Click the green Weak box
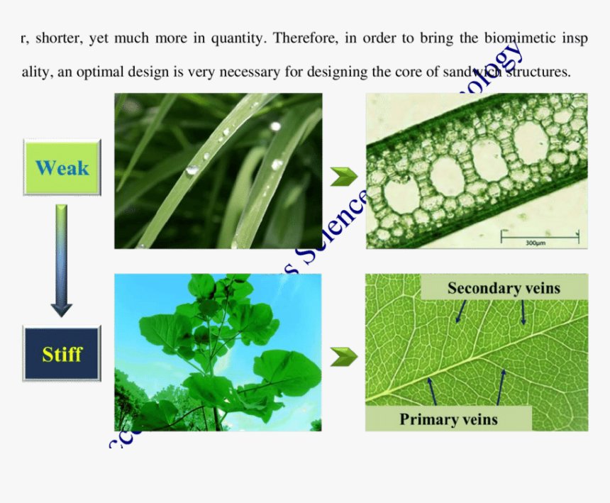pos(62,167)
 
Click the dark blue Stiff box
pos(62,353)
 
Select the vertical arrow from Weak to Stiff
pos(62,260)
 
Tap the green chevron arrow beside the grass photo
pos(344,177)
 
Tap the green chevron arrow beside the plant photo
pos(344,357)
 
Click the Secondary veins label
pos(504,287)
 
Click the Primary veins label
pos(448,419)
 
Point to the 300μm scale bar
pos(540,236)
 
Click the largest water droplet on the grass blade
pos(192,170)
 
